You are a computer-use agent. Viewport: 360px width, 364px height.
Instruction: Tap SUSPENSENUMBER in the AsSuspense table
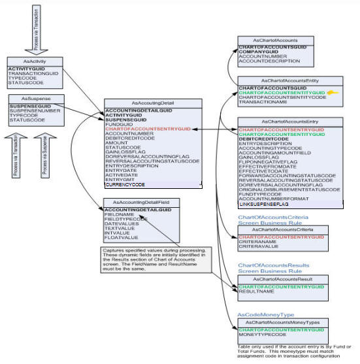pyautogui.click(x=32, y=110)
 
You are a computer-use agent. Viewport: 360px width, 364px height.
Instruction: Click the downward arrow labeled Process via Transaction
pyautogui.click(x=35, y=29)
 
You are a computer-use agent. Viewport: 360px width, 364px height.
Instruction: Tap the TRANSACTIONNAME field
pyautogui.click(x=263, y=103)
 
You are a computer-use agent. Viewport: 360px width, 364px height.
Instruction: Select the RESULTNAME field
pyautogui.click(x=255, y=292)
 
